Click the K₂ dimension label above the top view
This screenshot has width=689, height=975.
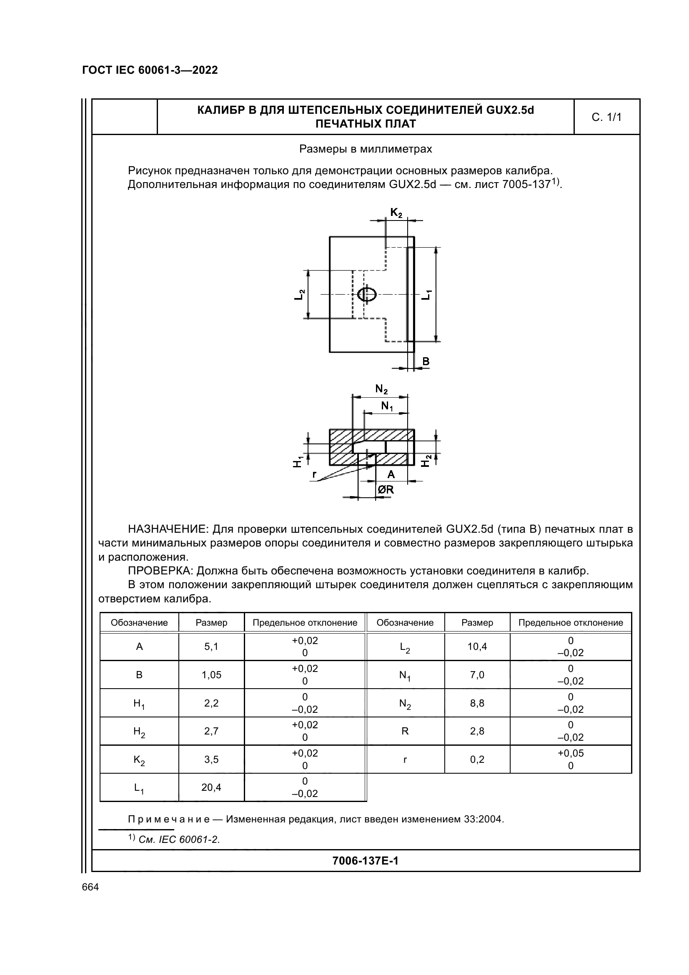[396, 213]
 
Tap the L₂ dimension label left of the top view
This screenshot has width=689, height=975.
[299, 294]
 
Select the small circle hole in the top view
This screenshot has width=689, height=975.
[366, 294]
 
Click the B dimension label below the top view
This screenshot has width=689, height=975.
[426, 361]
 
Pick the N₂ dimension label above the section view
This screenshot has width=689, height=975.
[381, 389]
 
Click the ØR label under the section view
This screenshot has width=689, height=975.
[386, 490]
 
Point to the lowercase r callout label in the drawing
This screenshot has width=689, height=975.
[315, 474]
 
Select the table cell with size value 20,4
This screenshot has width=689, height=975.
[211, 788]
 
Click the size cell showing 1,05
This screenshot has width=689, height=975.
[211, 675]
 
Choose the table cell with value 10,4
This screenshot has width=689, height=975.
[477, 647]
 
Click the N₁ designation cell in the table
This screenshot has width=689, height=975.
[405, 675]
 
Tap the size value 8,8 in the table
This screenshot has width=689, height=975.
[477, 703]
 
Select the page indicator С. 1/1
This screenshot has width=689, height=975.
[606, 117]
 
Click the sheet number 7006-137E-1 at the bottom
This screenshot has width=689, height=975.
[365, 861]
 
